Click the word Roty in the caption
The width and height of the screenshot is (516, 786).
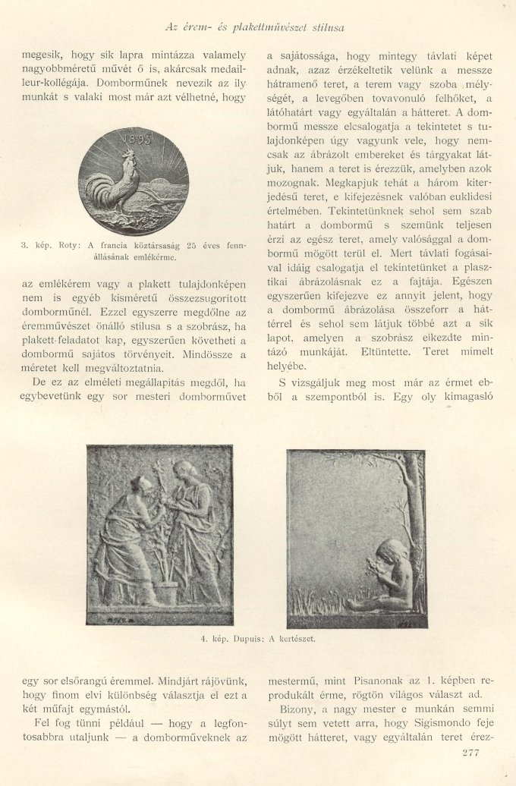[71, 246]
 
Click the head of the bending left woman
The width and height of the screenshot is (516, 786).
[138, 486]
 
